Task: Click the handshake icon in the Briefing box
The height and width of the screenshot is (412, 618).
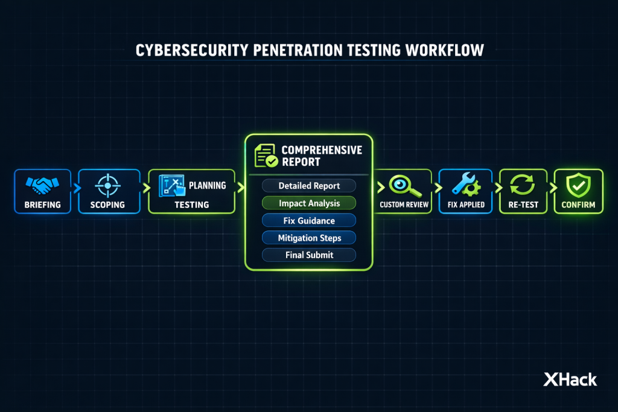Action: click(42, 185)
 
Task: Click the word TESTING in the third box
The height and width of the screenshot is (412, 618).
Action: click(192, 205)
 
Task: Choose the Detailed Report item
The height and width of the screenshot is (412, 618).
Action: click(309, 186)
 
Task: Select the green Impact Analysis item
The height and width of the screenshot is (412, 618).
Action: click(309, 203)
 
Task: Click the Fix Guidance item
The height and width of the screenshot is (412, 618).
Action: click(309, 221)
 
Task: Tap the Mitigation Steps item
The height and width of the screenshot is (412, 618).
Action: click(309, 238)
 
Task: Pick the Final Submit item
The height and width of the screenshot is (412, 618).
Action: click(309, 255)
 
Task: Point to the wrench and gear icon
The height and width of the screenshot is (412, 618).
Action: click(465, 185)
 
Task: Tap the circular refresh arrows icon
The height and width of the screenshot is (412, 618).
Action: click(523, 185)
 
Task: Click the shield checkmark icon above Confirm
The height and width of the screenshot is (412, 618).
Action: click(579, 185)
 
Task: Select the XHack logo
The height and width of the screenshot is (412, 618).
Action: click(570, 379)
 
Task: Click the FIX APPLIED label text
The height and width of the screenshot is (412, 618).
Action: click(465, 205)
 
